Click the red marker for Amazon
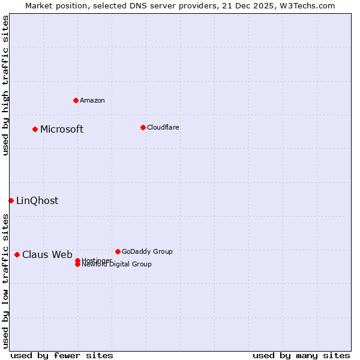[76, 100]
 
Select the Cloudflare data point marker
[143, 127]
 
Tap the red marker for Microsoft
[35, 129]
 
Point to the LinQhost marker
[11, 200]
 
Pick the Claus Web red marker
[17, 254]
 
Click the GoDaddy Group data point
[118, 251]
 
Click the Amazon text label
[92, 100]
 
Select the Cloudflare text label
[163, 127]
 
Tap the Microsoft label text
[62, 129]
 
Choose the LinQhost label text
[37, 200]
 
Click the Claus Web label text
[47, 254]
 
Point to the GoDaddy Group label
[147, 251]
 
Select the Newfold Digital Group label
[116, 264]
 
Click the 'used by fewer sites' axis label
[62, 355]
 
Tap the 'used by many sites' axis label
[301, 355]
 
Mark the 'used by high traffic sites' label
[5, 85]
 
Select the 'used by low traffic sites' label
[5, 281]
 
